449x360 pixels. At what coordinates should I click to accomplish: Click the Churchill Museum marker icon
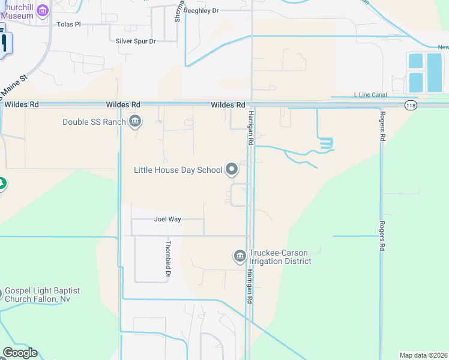42,10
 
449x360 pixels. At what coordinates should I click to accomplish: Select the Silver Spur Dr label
136,41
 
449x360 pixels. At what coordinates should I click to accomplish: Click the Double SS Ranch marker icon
135,122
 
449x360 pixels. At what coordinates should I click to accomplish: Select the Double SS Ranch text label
94,122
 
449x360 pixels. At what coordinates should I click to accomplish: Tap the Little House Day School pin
232,170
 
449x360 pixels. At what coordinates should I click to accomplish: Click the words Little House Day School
178,170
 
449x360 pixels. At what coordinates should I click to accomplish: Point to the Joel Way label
167,219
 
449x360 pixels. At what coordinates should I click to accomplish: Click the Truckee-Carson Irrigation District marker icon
240,257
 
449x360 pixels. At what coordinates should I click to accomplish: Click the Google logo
20,353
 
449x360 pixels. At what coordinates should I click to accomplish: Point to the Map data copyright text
423,355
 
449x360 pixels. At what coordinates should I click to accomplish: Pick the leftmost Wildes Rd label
22,104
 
